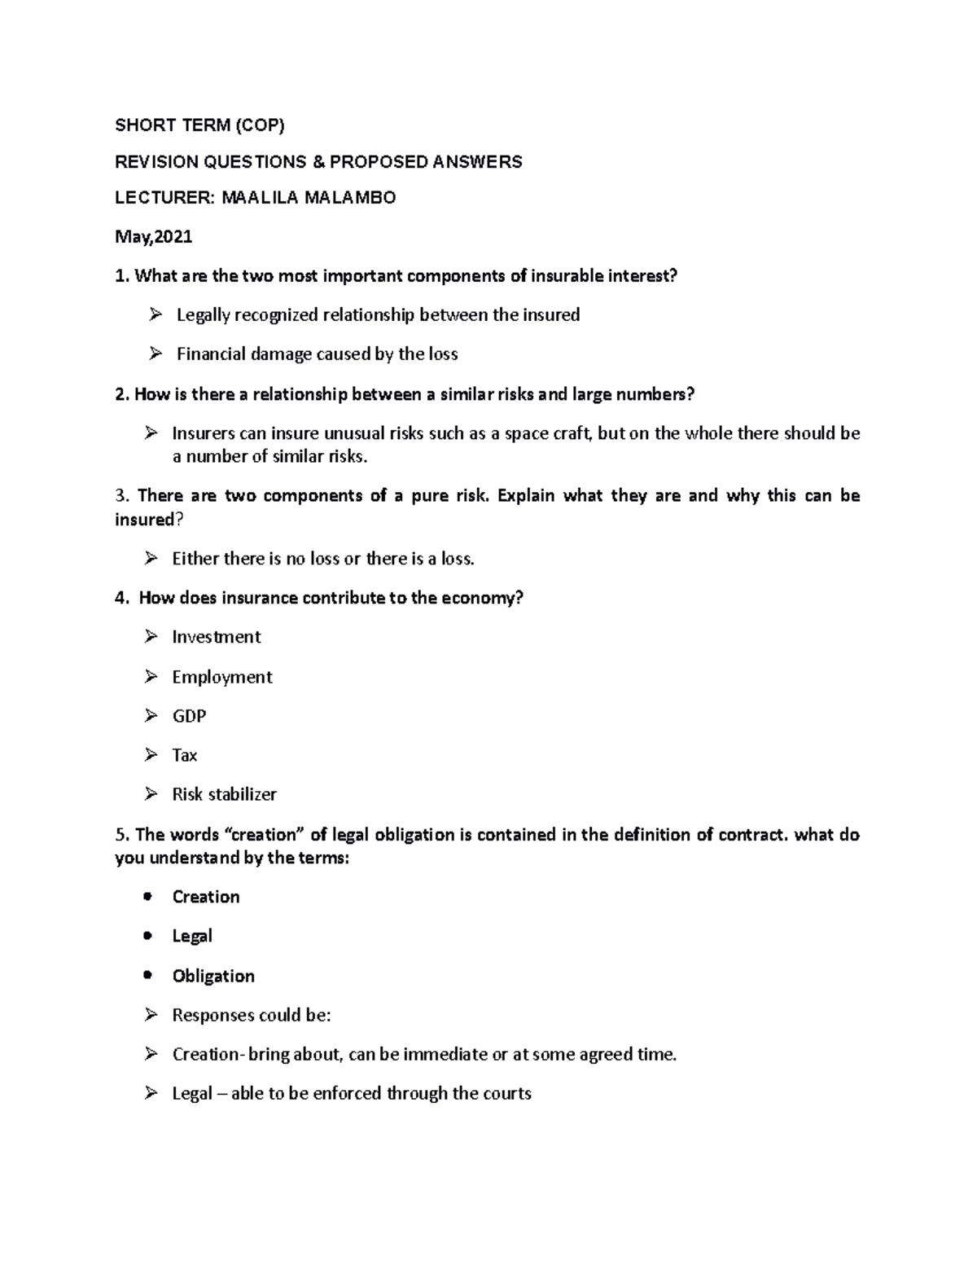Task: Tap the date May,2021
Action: [154, 237]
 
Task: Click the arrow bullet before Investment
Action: [151, 636]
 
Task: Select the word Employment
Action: [221, 677]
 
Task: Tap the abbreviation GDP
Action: [189, 716]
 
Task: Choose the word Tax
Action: [185, 755]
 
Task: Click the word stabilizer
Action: [243, 794]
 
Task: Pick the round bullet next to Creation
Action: [147, 897]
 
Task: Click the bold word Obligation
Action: [213, 976]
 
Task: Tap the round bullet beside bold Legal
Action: [147, 936]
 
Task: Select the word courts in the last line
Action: [506, 1093]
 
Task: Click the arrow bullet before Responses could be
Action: [151, 1015]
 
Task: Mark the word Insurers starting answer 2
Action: [204, 433]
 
